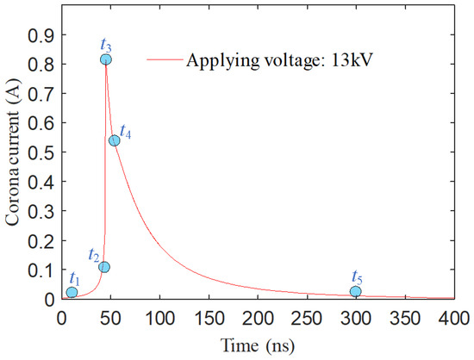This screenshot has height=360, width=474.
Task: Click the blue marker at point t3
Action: click(x=105, y=59)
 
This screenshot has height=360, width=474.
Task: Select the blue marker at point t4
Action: click(x=114, y=140)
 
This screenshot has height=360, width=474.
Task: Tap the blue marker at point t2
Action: click(x=104, y=267)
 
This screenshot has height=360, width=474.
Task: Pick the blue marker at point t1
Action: click(x=72, y=293)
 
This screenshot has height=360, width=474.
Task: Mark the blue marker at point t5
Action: click(x=356, y=292)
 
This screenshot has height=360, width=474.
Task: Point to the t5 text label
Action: click(x=357, y=276)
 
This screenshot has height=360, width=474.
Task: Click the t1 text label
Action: click(x=74, y=277)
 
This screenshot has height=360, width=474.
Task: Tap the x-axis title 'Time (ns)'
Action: click(x=257, y=345)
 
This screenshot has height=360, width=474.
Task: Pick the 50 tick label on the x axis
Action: click(x=110, y=316)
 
